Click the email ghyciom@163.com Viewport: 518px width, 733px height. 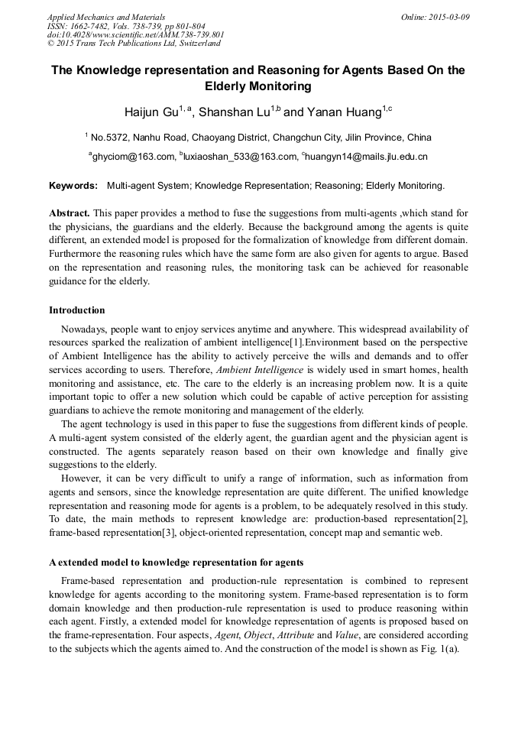point(133,157)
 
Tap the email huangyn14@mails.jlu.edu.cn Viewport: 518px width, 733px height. point(367,157)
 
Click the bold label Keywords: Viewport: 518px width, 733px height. point(73,186)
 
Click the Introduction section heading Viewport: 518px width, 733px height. point(77,310)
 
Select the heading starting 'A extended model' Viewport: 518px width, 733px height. point(176,563)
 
